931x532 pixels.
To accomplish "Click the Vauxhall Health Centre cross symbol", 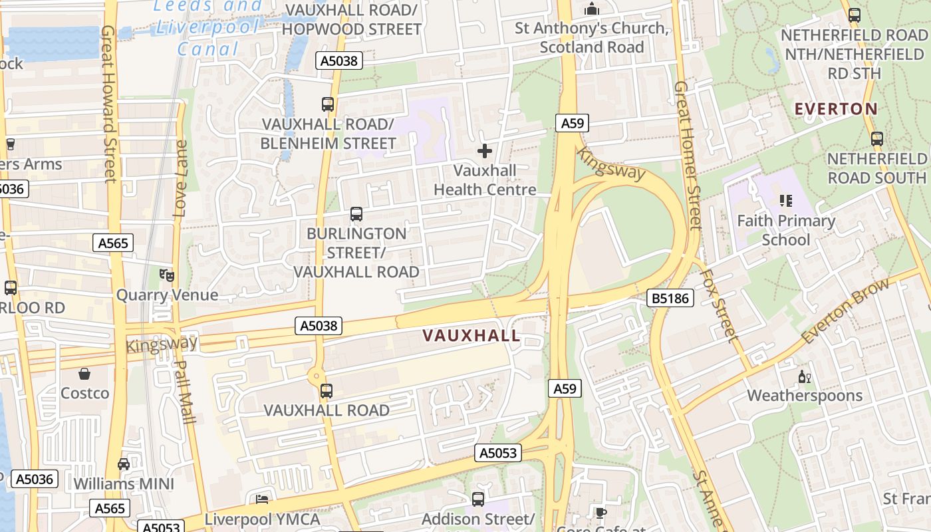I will [x=485, y=151].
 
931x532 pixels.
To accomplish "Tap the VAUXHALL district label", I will [x=471, y=336].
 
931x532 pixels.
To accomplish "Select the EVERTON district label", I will [x=836, y=108].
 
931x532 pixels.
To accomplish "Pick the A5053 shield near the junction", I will [x=498, y=454].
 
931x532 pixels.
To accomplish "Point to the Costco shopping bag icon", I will [x=84, y=374].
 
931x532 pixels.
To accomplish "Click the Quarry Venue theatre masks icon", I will [x=166, y=275].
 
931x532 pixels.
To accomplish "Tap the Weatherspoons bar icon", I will [x=804, y=377].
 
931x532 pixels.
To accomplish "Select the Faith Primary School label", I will [x=786, y=230].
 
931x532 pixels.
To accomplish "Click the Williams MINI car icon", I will [x=124, y=464].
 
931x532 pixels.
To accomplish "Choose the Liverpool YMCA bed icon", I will [x=262, y=499].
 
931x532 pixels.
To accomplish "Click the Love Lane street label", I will [x=180, y=178].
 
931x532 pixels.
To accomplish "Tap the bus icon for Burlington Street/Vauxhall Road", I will [x=356, y=214].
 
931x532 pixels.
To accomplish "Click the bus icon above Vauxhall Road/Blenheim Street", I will [x=328, y=104].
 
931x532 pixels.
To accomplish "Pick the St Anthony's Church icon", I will [x=591, y=9].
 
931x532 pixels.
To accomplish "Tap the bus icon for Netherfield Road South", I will [x=877, y=139].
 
